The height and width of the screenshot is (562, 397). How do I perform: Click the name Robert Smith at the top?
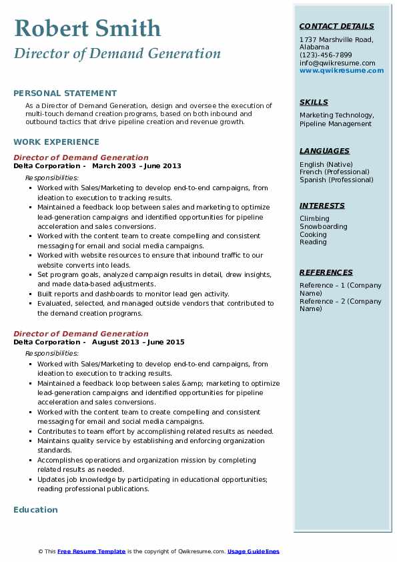pyautogui.click(x=87, y=28)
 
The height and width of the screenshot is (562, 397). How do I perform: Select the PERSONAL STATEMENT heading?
pyautogui.click(x=65, y=93)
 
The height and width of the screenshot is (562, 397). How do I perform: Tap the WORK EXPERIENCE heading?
pyautogui.click(x=56, y=142)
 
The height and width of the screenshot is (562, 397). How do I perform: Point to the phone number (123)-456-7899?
pyautogui.click(x=326, y=55)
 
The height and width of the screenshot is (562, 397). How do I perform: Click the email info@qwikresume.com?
pyautogui.click(x=337, y=63)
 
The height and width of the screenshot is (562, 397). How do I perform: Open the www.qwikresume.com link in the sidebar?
pyautogui.click(x=342, y=70)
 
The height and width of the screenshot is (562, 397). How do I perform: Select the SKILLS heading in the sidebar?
pyautogui.click(x=314, y=102)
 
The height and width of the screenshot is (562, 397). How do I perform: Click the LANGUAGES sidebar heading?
pyautogui.click(x=324, y=151)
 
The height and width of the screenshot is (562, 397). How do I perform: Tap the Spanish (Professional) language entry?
pyautogui.click(x=336, y=180)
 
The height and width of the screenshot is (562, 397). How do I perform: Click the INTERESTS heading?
pyautogui.click(x=322, y=206)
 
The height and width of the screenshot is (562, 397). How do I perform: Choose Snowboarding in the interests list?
pyautogui.click(x=323, y=226)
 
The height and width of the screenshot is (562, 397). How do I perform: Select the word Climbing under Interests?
pyautogui.click(x=314, y=218)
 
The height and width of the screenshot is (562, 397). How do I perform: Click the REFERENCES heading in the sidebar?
pyautogui.click(x=326, y=272)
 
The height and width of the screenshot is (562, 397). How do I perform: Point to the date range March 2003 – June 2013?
pyautogui.click(x=137, y=166)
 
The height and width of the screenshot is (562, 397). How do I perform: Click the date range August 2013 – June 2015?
pyautogui.click(x=138, y=342)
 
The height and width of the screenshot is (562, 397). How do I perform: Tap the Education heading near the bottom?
pyautogui.click(x=35, y=510)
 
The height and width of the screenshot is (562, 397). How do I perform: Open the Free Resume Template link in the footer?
pyautogui.click(x=91, y=551)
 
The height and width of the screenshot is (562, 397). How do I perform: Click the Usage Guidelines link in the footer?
pyautogui.click(x=253, y=551)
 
